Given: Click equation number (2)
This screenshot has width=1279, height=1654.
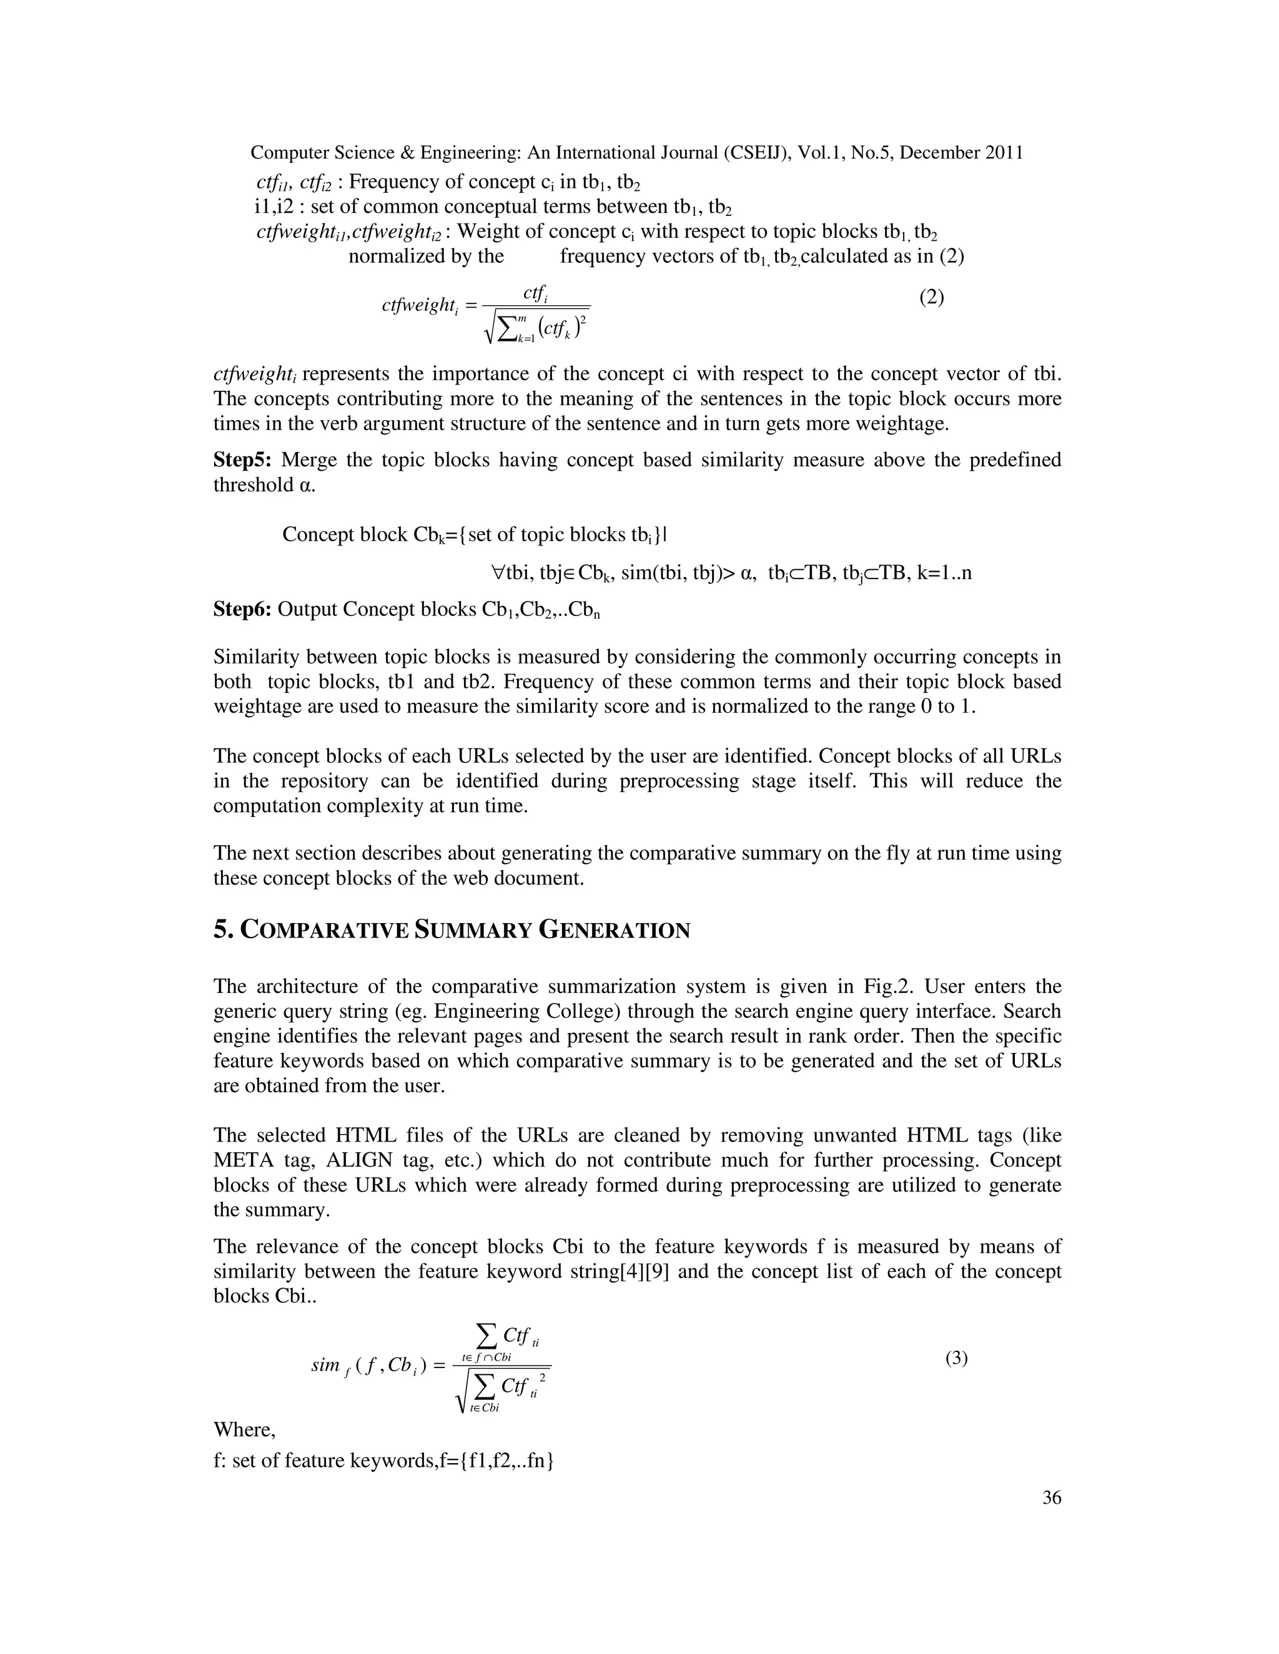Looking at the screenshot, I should click(x=931, y=298).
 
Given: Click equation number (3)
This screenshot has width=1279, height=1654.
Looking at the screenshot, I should click(x=956, y=1359).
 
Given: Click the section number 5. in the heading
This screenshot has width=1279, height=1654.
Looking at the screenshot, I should click(x=224, y=930).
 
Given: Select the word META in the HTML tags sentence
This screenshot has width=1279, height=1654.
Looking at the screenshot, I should click(x=242, y=1160).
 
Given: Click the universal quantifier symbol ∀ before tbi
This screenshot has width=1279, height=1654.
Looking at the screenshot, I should click(x=498, y=574).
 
